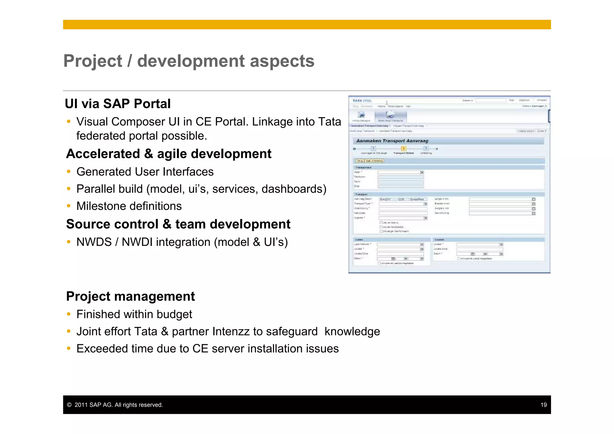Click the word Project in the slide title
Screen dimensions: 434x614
(93, 61)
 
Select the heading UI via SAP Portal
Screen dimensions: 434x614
(118, 104)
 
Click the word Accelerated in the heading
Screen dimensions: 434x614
(103, 154)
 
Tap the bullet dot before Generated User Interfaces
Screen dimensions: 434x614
(69, 172)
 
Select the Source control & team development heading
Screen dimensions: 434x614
(178, 224)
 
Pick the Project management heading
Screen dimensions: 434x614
(130, 296)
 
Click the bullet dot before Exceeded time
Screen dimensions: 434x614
(69, 349)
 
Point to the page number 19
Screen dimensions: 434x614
(544, 405)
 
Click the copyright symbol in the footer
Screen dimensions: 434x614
(69, 405)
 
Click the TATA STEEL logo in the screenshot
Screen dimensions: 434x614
(362, 101)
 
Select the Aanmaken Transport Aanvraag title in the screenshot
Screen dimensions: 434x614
(392, 141)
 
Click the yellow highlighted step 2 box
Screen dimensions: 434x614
(404, 148)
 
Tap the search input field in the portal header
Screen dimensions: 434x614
(490, 100)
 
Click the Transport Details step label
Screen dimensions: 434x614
(404, 153)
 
